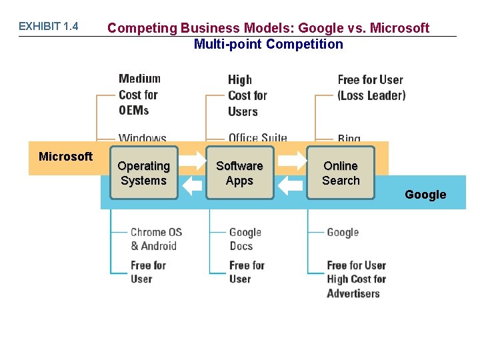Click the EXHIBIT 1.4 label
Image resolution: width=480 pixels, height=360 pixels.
(x=48, y=27)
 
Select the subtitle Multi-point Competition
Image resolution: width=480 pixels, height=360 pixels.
(x=268, y=45)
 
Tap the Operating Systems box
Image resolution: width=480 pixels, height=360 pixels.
(x=143, y=173)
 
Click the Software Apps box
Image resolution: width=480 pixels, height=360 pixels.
(x=239, y=173)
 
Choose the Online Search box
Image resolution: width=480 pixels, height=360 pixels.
(x=341, y=173)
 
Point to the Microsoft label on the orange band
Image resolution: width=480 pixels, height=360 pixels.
(x=65, y=157)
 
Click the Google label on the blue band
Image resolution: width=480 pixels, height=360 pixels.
(x=425, y=195)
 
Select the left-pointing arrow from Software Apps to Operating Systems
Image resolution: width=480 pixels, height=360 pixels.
(x=192, y=185)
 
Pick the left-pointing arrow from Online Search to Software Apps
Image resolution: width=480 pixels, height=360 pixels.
(x=290, y=185)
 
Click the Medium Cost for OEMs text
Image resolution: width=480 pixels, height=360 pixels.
(x=139, y=95)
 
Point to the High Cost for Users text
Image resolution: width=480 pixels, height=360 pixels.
(x=247, y=96)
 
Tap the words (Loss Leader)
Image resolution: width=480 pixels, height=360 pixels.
(x=371, y=95)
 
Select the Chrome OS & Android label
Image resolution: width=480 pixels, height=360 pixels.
(x=156, y=239)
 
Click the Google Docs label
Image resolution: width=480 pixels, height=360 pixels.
(x=245, y=239)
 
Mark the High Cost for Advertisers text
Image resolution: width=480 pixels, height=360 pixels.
(x=356, y=286)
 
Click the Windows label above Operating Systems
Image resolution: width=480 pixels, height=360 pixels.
(x=143, y=139)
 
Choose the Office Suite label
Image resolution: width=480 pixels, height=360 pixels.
(x=257, y=139)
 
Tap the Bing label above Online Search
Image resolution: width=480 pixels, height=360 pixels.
(x=349, y=139)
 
